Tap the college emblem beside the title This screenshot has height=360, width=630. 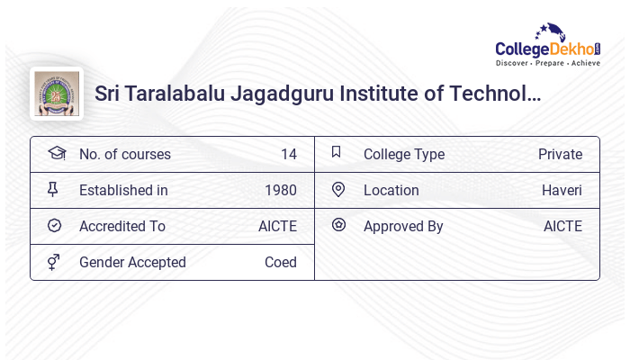[56, 94]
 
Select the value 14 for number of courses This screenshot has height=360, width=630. [288, 154]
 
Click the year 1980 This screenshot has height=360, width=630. [280, 190]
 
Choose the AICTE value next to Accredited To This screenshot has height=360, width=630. [277, 226]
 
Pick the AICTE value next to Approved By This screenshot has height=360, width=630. [562, 226]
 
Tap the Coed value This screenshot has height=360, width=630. [280, 262]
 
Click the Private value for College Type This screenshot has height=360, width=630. [560, 154]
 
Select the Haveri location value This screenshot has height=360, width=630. [562, 190]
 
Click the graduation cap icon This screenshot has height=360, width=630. [56, 153]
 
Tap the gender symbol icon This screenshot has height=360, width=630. [55, 262]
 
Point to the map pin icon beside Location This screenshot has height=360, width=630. [338, 189]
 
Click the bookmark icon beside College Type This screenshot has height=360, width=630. [337, 152]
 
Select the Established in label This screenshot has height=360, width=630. [123, 190]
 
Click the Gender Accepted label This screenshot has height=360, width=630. [132, 262]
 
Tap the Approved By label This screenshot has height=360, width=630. [403, 226]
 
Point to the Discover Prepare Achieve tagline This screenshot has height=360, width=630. [547, 64]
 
